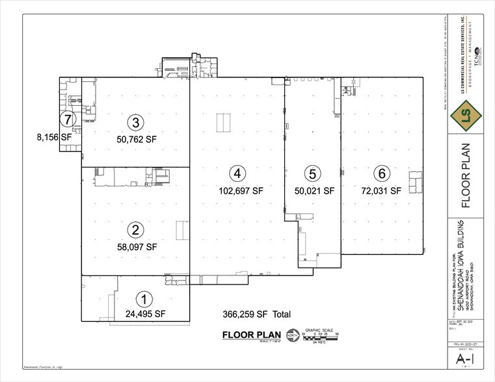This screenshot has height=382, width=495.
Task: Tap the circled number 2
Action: point(135,229)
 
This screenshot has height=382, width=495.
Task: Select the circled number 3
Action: point(135,122)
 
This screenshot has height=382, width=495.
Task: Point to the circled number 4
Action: point(239,173)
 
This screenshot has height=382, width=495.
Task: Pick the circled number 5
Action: point(313,173)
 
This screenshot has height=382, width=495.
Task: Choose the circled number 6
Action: point(381,173)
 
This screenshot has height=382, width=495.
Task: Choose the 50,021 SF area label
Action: point(312,192)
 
